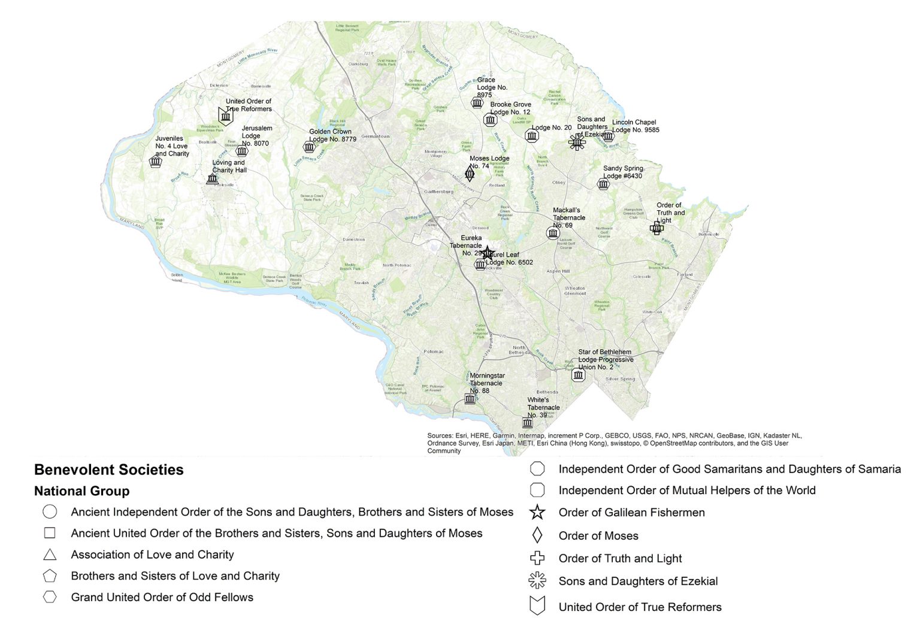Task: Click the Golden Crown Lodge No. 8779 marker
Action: pyautogui.click(x=309, y=147)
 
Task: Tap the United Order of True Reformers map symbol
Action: pyautogui.click(x=225, y=116)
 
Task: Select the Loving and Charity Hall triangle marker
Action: pyautogui.click(x=212, y=178)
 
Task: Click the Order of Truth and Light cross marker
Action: pyautogui.click(x=656, y=228)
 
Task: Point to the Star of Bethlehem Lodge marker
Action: pyautogui.click(x=578, y=375)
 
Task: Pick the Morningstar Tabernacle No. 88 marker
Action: pyautogui.click(x=470, y=399)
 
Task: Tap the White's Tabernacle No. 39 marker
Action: pyautogui.click(x=527, y=423)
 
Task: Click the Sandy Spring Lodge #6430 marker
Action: pyautogui.click(x=603, y=184)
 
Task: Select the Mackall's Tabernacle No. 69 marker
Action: pyautogui.click(x=553, y=233)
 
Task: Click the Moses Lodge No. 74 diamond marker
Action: pyautogui.click(x=470, y=174)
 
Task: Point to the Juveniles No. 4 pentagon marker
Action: pyautogui.click(x=156, y=161)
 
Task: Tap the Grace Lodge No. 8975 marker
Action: pyautogui.click(x=477, y=103)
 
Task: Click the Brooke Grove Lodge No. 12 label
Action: pyautogui.click(x=510, y=108)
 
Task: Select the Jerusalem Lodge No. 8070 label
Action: pyautogui.click(x=256, y=136)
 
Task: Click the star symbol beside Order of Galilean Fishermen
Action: pyautogui.click(x=537, y=513)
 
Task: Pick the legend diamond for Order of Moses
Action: pyautogui.click(x=537, y=535)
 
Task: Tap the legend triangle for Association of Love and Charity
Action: pyautogui.click(x=50, y=555)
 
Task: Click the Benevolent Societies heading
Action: pyautogui.click(x=109, y=470)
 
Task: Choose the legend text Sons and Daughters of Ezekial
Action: pyautogui.click(x=638, y=581)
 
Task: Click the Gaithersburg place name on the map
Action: pyautogui.click(x=438, y=192)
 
